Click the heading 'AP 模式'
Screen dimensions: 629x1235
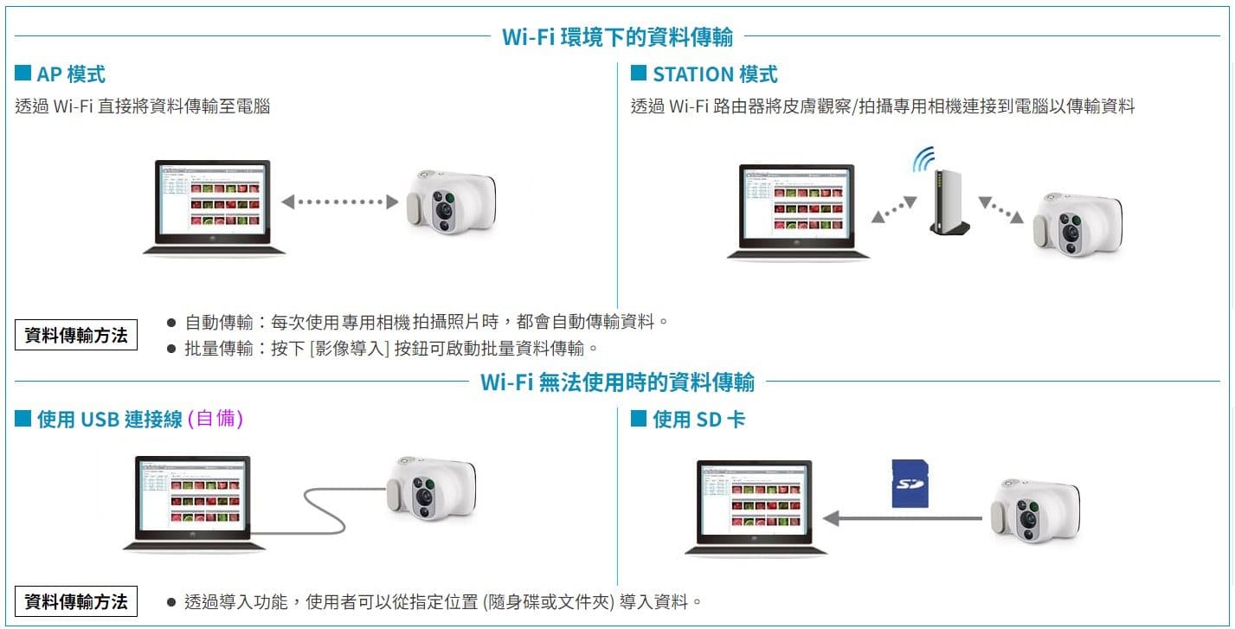tap(70, 74)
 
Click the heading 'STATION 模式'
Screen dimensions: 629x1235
tap(715, 74)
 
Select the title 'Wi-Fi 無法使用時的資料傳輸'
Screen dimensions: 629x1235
tap(617, 382)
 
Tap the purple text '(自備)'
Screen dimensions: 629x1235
tap(215, 419)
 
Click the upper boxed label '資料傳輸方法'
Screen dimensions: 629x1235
tap(77, 336)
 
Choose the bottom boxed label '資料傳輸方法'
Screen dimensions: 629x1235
tap(77, 601)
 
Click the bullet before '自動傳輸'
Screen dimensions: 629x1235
tap(170, 323)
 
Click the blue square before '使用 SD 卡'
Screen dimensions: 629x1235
tap(639, 419)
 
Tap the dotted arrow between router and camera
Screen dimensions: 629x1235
tap(1002, 209)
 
